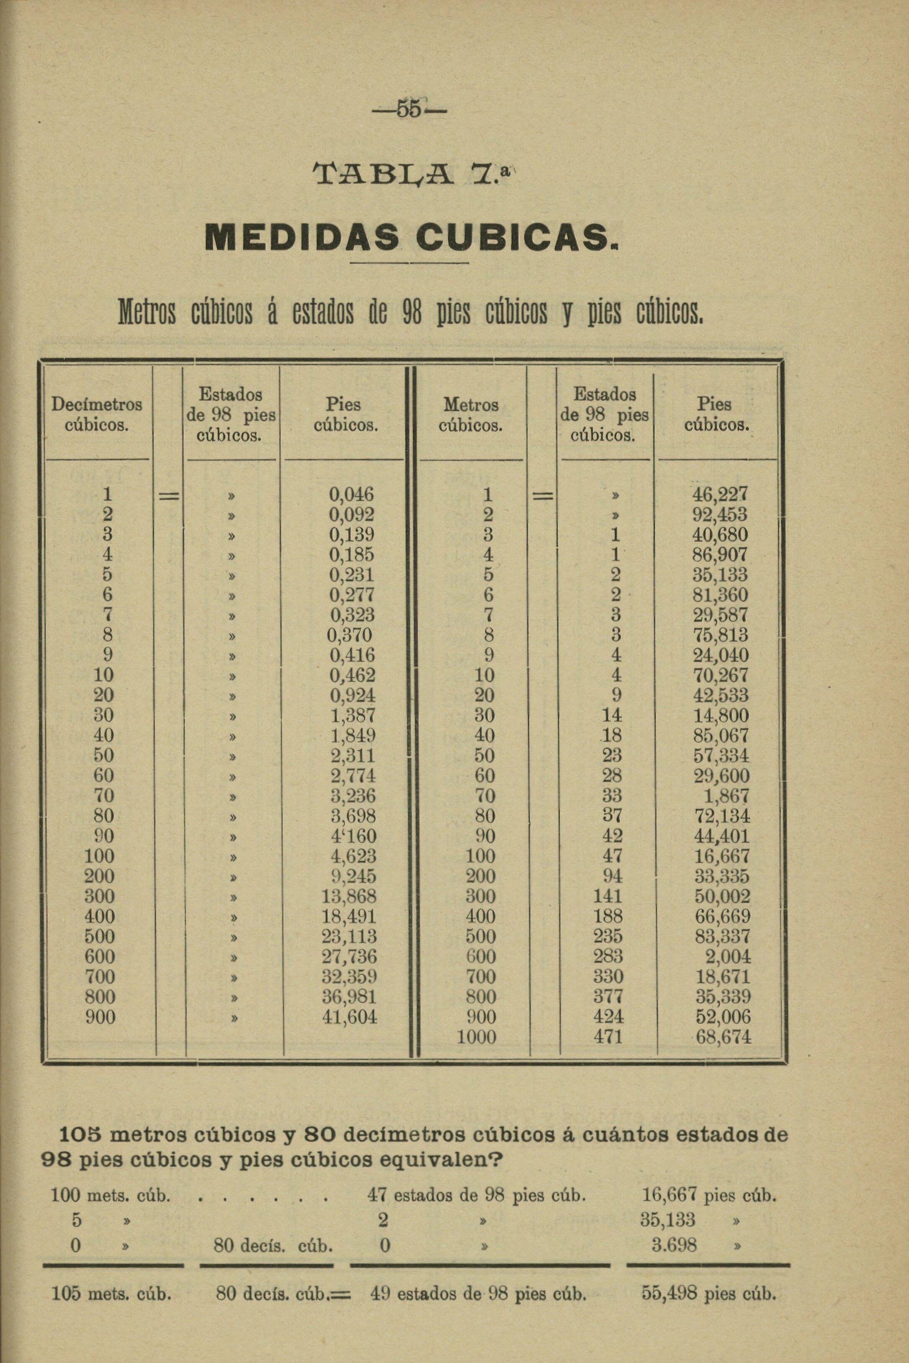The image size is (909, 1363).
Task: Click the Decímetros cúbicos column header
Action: pyautogui.click(x=97, y=415)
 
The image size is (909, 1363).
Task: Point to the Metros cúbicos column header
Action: pyautogui.click(x=471, y=415)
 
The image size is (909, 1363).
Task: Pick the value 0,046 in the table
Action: pyautogui.click(x=352, y=495)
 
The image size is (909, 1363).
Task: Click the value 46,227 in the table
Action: pyautogui.click(x=721, y=495)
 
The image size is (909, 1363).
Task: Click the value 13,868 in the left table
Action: pyautogui.click(x=349, y=896)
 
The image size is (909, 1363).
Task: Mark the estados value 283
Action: pyautogui.click(x=608, y=956)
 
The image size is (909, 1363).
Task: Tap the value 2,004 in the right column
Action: pyautogui.click(x=731, y=956)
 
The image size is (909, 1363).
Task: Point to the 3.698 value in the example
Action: pyautogui.click(x=674, y=1245)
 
